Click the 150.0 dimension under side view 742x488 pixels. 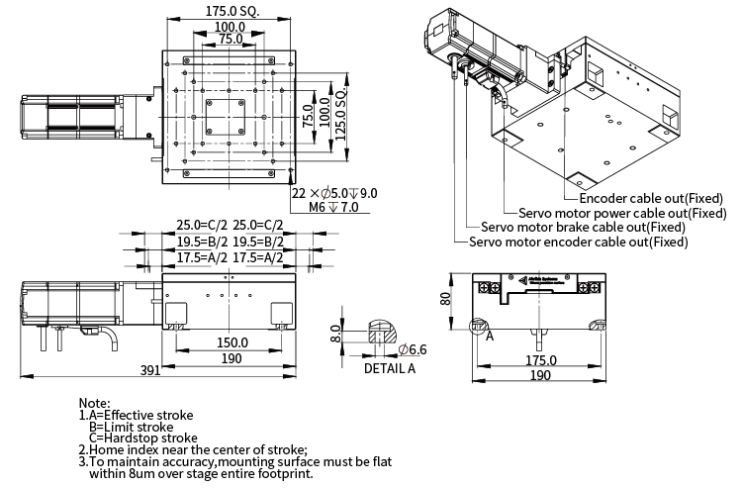[x=232, y=342]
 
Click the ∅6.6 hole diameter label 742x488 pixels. [x=413, y=349]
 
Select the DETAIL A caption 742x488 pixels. [x=390, y=369]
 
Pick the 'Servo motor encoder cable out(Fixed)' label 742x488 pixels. [x=578, y=242]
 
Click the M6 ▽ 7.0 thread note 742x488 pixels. [x=338, y=208]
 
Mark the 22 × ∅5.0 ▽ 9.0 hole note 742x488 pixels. [x=335, y=193]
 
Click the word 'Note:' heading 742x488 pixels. [x=94, y=403]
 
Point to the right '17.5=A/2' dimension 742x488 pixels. [x=258, y=257]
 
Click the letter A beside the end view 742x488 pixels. [x=489, y=336]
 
